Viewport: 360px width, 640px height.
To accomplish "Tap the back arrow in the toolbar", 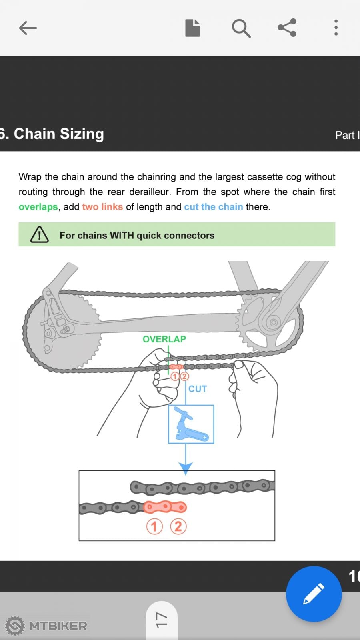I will pyautogui.click(x=28, y=28).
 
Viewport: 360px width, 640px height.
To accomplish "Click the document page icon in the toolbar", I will pyautogui.click(x=192, y=28).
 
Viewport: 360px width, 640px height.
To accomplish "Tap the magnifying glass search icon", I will pyautogui.click(x=241, y=28).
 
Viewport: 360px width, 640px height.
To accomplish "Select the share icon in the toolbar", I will pyautogui.click(x=287, y=28).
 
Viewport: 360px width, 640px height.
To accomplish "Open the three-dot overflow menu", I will pyautogui.click(x=336, y=28).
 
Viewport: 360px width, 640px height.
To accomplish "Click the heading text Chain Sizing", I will pyautogui.click(x=58, y=134).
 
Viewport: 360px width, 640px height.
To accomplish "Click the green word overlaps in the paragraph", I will pyautogui.click(x=38, y=207).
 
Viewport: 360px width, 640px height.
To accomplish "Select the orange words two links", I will pyautogui.click(x=102, y=207).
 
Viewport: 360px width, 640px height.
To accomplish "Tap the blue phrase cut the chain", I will pyautogui.click(x=214, y=207).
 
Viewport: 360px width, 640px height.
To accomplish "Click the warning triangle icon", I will pyautogui.click(x=40, y=235).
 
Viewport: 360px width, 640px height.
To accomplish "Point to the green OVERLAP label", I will pyautogui.click(x=164, y=339).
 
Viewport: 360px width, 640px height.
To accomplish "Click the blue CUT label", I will pyautogui.click(x=198, y=389).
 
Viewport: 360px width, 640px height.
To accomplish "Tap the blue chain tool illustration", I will pyautogui.click(x=191, y=424).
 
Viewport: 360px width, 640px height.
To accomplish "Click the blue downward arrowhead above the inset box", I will pyautogui.click(x=186, y=468).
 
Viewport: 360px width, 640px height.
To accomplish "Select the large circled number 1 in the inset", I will pyautogui.click(x=154, y=526).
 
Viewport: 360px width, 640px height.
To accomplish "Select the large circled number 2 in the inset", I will pyautogui.click(x=178, y=526).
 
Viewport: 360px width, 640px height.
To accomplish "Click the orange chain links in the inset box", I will pyautogui.click(x=165, y=507).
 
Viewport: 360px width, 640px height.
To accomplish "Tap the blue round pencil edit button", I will pyautogui.click(x=314, y=594).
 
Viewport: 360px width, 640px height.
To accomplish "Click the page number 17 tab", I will pyautogui.click(x=161, y=620).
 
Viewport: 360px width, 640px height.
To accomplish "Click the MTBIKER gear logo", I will pyautogui.click(x=15, y=626).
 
